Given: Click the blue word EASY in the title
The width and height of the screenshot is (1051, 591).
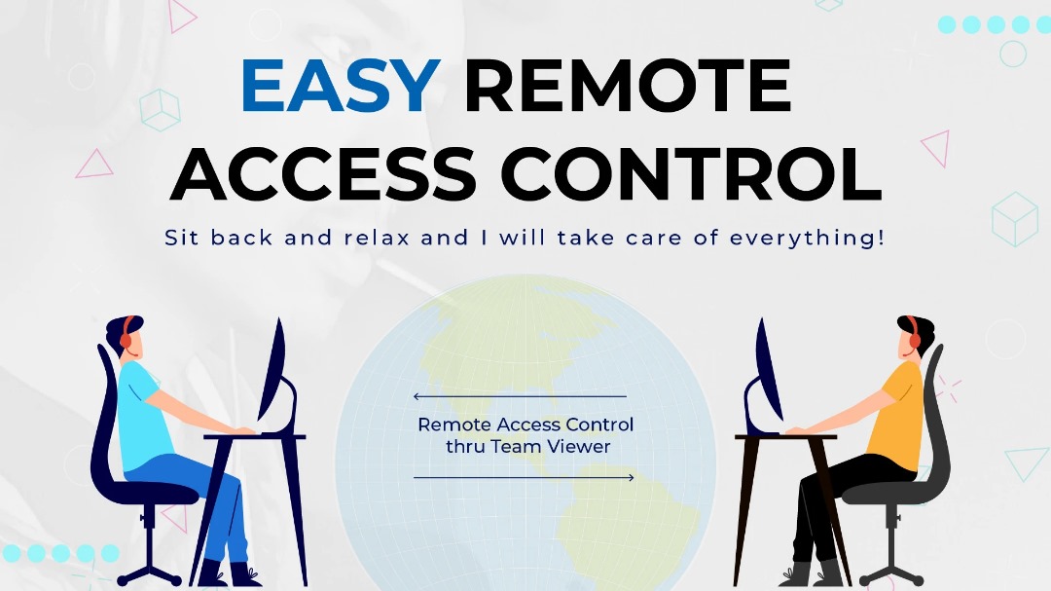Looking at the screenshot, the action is click(341, 86).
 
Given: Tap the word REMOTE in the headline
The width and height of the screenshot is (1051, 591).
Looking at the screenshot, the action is click(628, 86).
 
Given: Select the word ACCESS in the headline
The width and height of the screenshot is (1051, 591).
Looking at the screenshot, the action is click(323, 173).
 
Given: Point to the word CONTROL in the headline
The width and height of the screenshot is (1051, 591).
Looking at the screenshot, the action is click(691, 173).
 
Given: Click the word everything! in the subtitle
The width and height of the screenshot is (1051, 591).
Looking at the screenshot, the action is click(807, 239).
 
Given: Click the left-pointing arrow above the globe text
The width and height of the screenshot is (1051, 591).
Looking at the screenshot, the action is click(520, 396).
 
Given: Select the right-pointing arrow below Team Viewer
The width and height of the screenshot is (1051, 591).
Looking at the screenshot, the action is click(525, 478).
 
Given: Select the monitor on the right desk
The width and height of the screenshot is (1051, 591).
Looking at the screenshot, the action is click(766, 376).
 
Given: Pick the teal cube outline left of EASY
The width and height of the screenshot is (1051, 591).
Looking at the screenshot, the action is click(161, 110).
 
